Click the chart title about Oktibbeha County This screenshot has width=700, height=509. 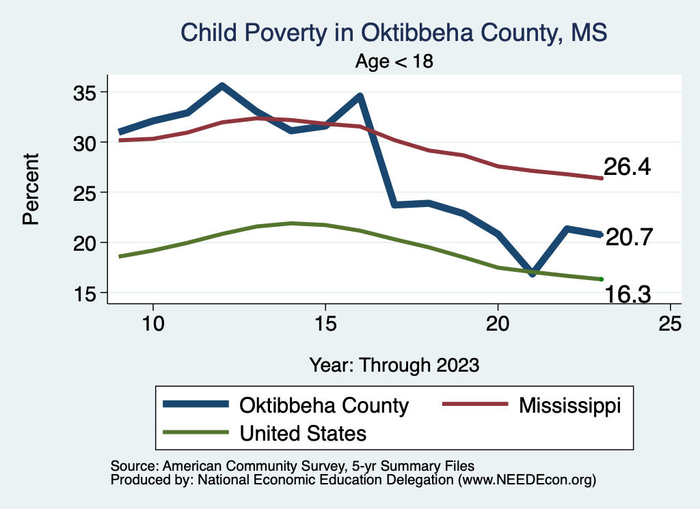pyautogui.click(x=393, y=31)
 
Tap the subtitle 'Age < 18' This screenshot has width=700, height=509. pyautogui.click(x=394, y=61)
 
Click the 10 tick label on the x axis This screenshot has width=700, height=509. pyautogui.click(x=152, y=324)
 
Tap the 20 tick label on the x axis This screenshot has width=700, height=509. pyautogui.click(x=498, y=324)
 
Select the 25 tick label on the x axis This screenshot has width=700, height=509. pyautogui.click(x=670, y=324)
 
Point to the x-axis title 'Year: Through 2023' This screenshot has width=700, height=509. pyautogui.click(x=394, y=365)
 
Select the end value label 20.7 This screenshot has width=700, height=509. pyautogui.click(x=629, y=237)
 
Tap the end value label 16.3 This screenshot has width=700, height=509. pyautogui.click(x=627, y=294)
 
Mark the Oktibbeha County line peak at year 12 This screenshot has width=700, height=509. pyautogui.click(x=221, y=86)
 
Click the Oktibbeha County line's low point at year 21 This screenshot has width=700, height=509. pyautogui.click(x=533, y=273)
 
